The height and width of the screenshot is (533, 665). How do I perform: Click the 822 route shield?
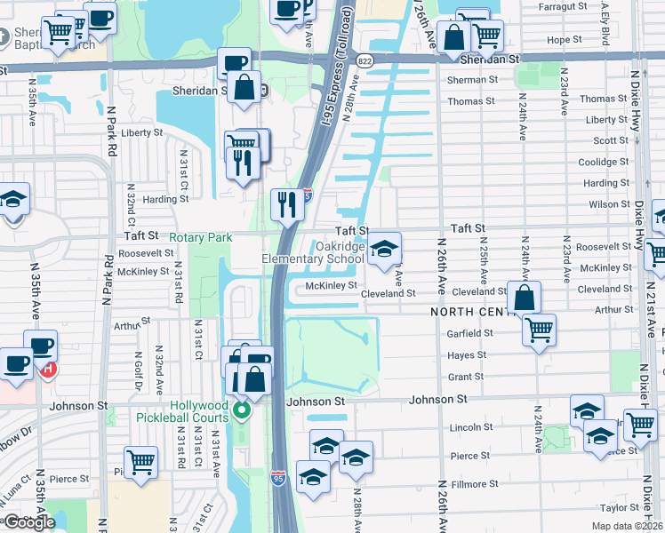[x=365, y=60]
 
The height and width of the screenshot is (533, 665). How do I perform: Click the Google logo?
[x=29, y=522]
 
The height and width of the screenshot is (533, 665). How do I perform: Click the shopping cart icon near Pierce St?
[x=140, y=462]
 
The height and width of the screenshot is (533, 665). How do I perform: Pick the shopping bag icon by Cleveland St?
[x=525, y=297]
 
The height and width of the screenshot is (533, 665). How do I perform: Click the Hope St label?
[x=564, y=40]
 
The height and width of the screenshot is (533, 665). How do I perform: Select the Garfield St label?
[x=471, y=333]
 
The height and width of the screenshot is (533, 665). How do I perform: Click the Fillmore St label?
[x=475, y=484]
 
